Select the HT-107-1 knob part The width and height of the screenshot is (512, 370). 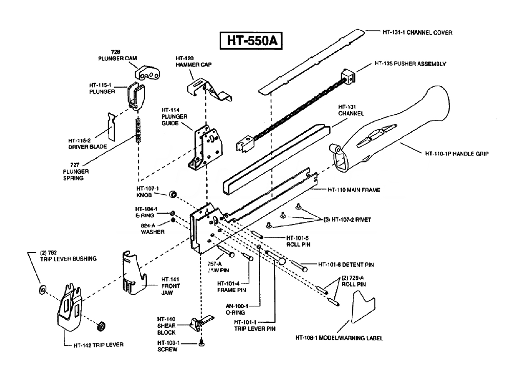(x=174, y=194)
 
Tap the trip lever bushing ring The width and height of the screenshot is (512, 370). (x=41, y=291)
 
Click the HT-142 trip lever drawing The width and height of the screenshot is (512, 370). (x=69, y=305)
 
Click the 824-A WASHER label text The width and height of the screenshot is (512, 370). (x=153, y=228)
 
